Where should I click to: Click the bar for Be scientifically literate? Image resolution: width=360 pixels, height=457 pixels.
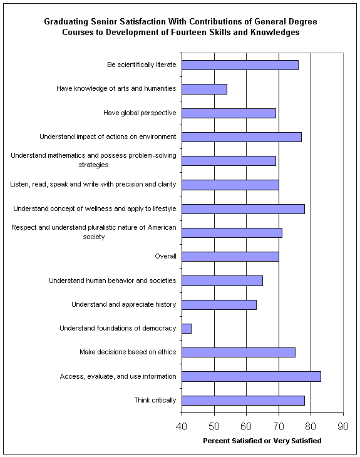pos(240,65)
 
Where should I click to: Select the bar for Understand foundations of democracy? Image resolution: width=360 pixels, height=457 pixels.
pos(187,329)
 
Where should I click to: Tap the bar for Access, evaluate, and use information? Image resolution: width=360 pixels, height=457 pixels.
pos(251,377)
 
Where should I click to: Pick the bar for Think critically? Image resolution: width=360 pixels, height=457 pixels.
pos(244,401)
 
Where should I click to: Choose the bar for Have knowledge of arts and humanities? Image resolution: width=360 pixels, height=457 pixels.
pos(204,89)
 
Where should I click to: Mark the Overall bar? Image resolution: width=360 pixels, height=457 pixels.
pos(230,257)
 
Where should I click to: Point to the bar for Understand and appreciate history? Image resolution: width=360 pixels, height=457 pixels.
pos(219,305)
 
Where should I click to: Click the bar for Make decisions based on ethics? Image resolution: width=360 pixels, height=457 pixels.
pos(239,352)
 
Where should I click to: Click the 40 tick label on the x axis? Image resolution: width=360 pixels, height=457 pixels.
pos(182,426)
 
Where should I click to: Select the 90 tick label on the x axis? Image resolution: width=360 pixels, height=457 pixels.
pos(343,426)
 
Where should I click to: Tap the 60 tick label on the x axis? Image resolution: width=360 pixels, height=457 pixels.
pos(246,426)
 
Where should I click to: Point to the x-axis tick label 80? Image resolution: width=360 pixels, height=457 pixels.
pos(311,426)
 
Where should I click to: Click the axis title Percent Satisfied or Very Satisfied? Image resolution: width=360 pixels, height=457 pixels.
pos(262,441)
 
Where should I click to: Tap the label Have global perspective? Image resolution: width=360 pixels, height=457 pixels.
pos(140,113)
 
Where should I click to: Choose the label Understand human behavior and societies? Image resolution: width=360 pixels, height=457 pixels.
pos(113,280)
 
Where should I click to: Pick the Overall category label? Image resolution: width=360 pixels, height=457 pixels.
pos(165,256)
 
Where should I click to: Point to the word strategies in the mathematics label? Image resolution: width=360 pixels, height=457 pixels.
pos(93,165)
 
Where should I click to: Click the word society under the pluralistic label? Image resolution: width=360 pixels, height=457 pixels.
pos(93,237)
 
